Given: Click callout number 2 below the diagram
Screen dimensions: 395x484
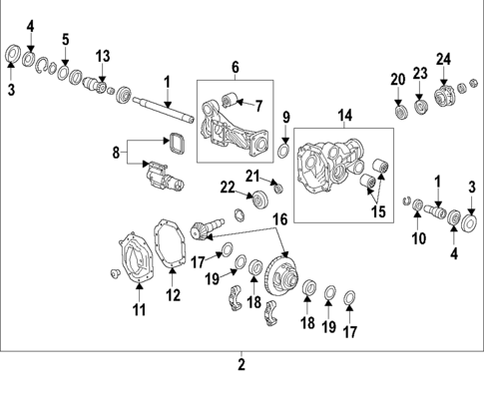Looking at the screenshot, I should (x=242, y=365).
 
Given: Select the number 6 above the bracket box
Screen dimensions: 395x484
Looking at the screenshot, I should (x=236, y=67).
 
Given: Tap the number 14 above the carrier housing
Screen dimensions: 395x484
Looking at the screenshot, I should (x=344, y=116).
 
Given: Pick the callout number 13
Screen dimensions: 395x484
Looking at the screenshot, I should (x=102, y=55).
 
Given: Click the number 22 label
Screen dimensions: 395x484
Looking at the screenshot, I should (x=228, y=187).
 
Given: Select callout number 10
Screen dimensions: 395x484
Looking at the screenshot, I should (x=418, y=239).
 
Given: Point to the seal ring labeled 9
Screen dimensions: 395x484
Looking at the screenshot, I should (x=283, y=152).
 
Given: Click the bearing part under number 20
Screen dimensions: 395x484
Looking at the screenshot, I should (x=399, y=110).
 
